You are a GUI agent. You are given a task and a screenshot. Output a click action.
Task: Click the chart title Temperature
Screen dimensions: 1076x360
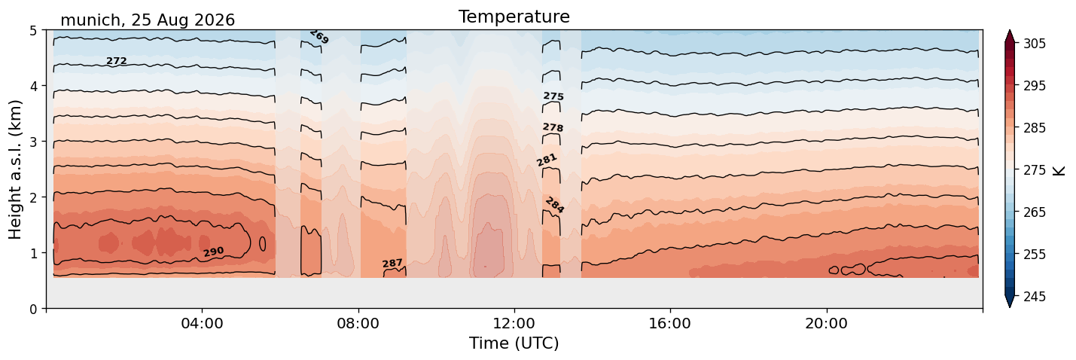pos(514,17)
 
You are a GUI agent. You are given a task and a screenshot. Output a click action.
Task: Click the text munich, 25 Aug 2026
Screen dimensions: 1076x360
pos(148,20)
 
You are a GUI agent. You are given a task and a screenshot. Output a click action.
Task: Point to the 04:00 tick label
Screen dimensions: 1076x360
pos(203,323)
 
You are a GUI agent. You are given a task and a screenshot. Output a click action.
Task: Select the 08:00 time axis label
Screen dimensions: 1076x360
pos(358,323)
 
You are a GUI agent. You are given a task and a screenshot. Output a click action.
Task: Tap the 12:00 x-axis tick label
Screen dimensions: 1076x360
pos(514,323)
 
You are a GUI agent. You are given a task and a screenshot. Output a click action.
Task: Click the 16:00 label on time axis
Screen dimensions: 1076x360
pos(670,323)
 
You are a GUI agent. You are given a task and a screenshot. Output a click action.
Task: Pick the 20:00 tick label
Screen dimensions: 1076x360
pos(826,323)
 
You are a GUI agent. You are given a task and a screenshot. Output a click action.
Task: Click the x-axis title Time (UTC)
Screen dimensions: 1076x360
pos(514,343)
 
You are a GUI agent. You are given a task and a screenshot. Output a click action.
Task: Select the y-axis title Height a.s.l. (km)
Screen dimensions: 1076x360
pos(15,169)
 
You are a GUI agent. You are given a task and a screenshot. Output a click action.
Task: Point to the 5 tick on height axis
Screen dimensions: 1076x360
pos(33,31)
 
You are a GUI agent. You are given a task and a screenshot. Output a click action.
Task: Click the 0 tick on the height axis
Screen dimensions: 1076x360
pos(33,309)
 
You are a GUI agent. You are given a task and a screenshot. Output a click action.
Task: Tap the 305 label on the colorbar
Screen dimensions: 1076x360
pos(1034,44)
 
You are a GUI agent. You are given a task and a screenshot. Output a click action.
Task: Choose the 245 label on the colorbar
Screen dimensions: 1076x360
pos(1034,297)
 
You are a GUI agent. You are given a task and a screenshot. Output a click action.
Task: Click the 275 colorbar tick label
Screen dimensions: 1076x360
pos(1034,170)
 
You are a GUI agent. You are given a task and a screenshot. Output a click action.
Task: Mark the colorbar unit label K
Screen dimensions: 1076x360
pos(1059,171)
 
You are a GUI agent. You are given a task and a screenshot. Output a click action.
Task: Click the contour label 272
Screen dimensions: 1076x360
pos(116,61)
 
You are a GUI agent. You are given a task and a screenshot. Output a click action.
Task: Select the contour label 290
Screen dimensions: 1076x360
pos(213,252)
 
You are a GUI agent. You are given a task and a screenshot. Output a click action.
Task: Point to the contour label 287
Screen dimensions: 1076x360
pos(392,264)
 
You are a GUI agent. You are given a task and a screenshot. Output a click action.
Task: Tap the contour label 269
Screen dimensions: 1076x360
pos(319,37)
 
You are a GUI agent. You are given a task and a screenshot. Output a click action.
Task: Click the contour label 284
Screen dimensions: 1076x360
pos(555,206)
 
